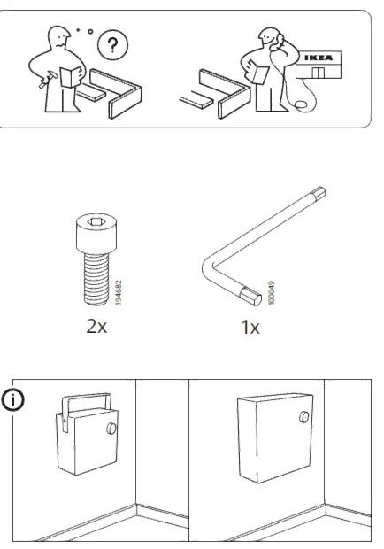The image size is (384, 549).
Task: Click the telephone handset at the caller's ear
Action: [273, 39]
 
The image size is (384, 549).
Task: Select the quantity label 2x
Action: [96, 327]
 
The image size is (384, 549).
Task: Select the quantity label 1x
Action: [250, 327]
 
